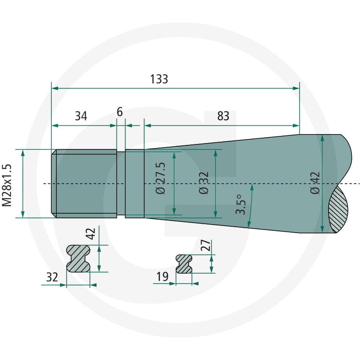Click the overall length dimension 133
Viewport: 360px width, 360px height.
coord(159,79)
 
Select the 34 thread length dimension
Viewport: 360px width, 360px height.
coord(81,116)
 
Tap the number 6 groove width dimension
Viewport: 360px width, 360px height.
coord(120,112)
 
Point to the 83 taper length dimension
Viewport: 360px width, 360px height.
coord(223,116)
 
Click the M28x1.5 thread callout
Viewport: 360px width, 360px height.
coord(7,185)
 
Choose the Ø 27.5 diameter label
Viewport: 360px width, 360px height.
coord(160,178)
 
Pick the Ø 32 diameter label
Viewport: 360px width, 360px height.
coord(204,183)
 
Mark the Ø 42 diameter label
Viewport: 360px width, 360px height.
coord(315,183)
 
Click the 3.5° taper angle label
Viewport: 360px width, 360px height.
coord(241,205)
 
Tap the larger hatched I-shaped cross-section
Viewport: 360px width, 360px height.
coord(78,258)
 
